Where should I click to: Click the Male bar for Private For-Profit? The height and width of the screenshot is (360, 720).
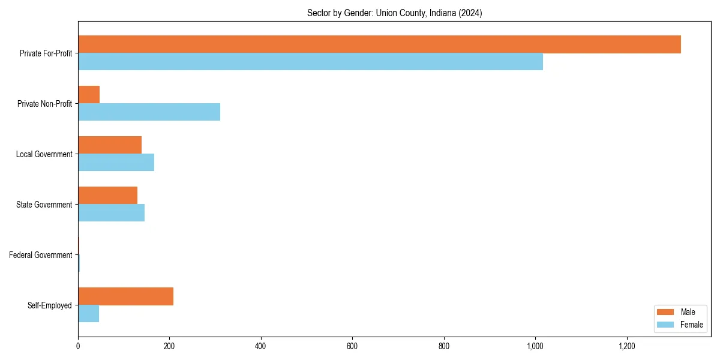379,44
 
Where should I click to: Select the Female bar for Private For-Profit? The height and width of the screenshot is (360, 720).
310,62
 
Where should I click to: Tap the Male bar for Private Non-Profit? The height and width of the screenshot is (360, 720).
89,95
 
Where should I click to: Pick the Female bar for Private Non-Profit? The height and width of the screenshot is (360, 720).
149,112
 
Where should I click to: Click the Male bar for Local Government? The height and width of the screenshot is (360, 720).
110,145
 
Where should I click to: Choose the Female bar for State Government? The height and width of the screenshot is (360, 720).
111,213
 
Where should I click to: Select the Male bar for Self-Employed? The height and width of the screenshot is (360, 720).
125,296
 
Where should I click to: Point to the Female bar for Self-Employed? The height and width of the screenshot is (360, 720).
88,314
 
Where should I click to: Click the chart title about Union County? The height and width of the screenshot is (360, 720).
394,13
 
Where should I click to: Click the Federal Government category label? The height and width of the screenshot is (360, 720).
40,255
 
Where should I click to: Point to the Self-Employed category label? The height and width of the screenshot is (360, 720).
50,305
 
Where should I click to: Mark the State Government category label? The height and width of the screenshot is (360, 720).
44,205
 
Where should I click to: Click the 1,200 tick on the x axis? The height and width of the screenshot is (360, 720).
626,346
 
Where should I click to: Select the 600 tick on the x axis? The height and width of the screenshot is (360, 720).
352,346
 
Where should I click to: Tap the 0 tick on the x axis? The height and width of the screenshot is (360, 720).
78,346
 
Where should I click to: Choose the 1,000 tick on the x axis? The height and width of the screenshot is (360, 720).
535,346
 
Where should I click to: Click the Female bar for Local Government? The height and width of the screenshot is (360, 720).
116,163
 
